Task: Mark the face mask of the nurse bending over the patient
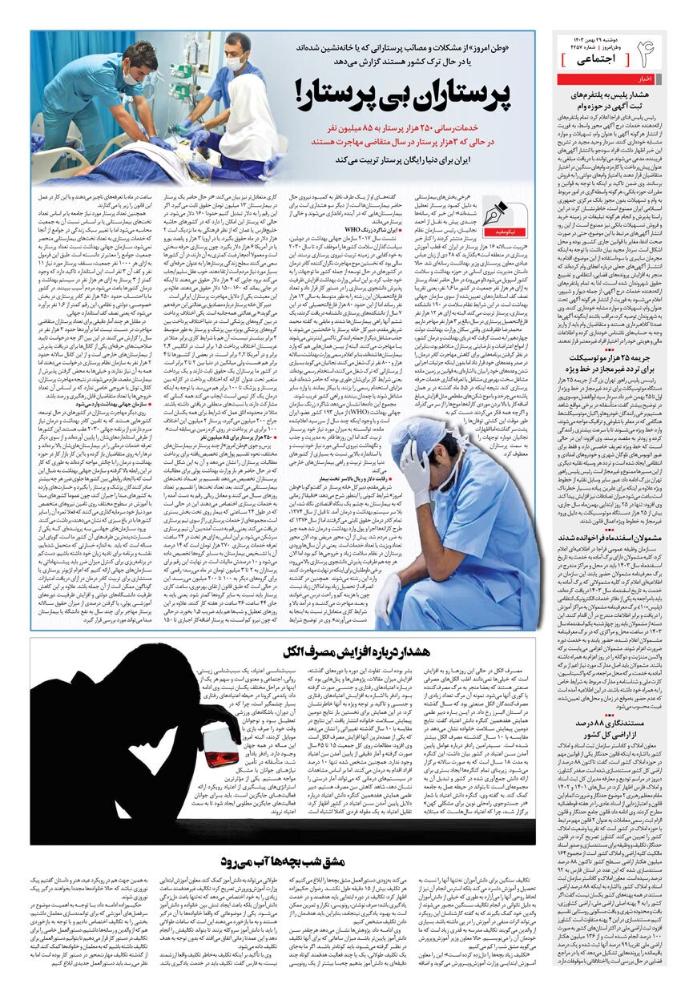[x=131, y=79]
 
